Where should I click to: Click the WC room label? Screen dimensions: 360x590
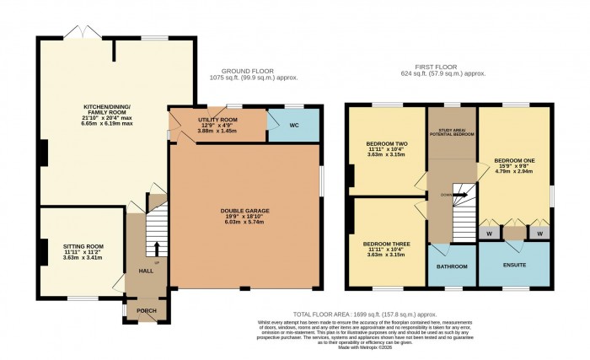pos(294,126)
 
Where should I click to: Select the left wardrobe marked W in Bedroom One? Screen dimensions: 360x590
pos(489,232)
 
